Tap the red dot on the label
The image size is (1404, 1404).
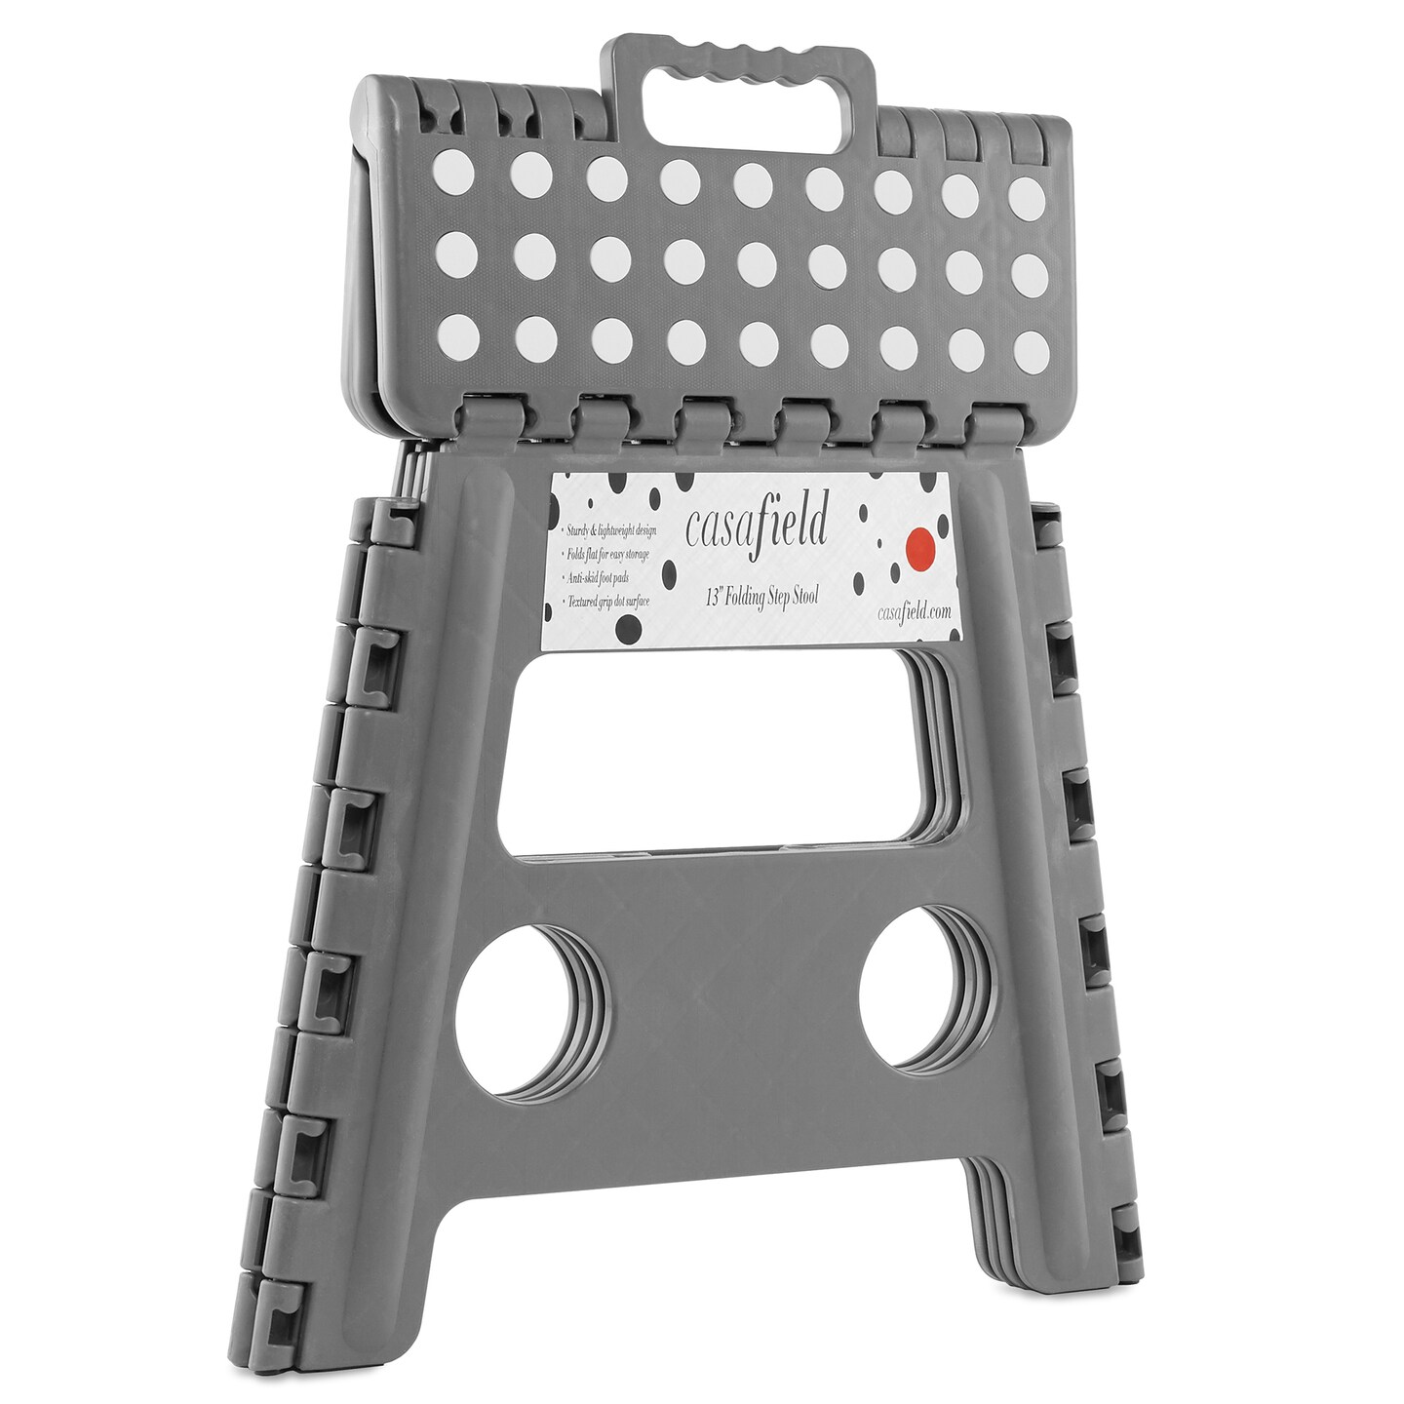919,547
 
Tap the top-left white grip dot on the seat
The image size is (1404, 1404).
452,172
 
